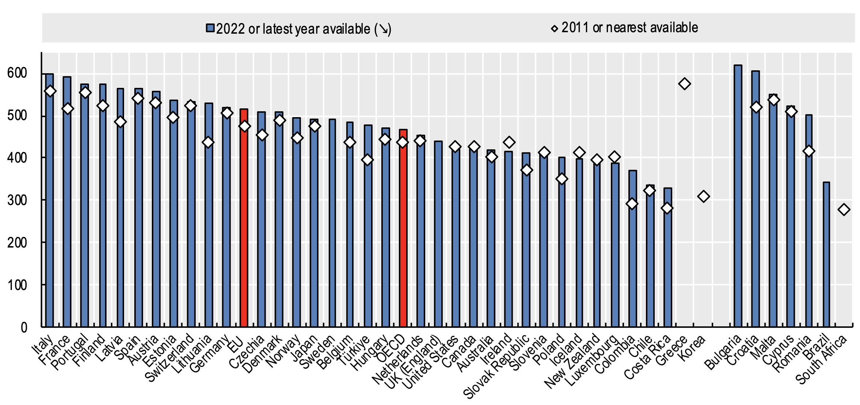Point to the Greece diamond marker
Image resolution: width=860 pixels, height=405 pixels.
tap(684, 84)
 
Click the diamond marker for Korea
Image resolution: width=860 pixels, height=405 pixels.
tap(703, 197)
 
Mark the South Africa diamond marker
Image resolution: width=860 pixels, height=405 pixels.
tap(844, 210)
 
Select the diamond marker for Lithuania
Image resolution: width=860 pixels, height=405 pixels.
tap(208, 142)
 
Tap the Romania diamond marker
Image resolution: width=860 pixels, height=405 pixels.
tap(809, 151)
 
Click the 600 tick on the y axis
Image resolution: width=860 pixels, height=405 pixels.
tap(17, 73)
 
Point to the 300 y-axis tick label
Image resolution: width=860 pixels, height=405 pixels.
tap(17, 200)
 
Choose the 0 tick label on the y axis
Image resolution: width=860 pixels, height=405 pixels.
tap(24, 327)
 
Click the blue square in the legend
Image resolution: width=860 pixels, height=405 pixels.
tap(210, 29)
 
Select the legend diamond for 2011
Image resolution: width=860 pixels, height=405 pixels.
tap(554, 29)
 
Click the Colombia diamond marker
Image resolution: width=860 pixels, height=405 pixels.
tap(632, 204)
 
